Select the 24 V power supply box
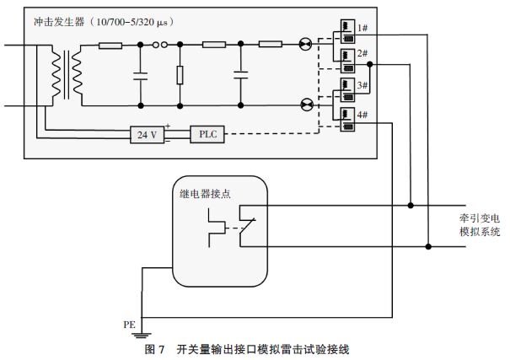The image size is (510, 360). pos(146,134)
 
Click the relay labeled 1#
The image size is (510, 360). pos(345,30)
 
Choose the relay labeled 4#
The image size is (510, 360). pos(345,120)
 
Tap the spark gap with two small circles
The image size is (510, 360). pos(159,46)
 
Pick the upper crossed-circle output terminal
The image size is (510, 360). pos(305,46)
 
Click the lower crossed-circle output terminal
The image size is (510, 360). pos(305,105)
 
